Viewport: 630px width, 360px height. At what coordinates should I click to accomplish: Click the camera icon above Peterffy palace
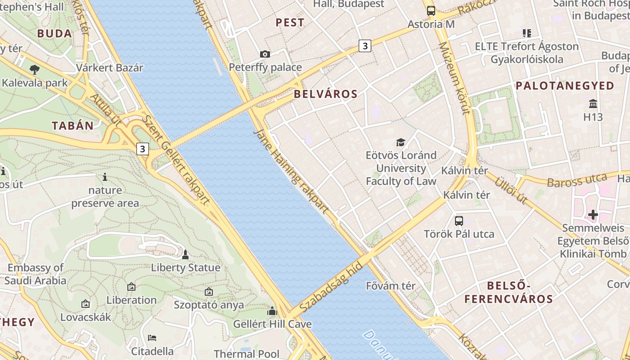[265, 54]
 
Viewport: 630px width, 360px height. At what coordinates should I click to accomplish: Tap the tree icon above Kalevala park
[34, 69]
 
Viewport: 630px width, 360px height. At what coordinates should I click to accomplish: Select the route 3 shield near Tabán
[143, 148]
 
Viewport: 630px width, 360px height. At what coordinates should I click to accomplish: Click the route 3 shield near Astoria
[365, 45]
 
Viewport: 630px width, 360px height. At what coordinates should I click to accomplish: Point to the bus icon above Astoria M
[431, 10]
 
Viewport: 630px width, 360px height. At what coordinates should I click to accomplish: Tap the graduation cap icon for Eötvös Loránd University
[400, 143]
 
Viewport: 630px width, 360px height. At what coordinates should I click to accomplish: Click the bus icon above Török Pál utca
[459, 221]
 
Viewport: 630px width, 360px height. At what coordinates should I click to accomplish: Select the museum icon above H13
[593, 104]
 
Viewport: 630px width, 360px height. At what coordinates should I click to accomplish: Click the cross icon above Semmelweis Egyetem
[593, 215]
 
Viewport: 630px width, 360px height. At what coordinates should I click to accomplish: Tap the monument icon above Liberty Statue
[185, 255]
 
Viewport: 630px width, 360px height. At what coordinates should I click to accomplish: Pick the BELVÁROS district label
[326, 94]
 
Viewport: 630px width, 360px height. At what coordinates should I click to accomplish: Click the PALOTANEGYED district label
[565, 85]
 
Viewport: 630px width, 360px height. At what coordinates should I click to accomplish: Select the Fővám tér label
[391, 286]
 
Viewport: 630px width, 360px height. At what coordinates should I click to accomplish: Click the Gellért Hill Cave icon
[272, 311]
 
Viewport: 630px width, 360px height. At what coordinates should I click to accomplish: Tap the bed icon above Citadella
[152, 338]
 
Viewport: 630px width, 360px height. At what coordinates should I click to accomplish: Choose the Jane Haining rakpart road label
[291, 171]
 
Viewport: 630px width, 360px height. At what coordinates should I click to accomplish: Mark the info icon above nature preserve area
[105, 177]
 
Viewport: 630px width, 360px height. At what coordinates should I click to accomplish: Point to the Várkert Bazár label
[109, 68]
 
